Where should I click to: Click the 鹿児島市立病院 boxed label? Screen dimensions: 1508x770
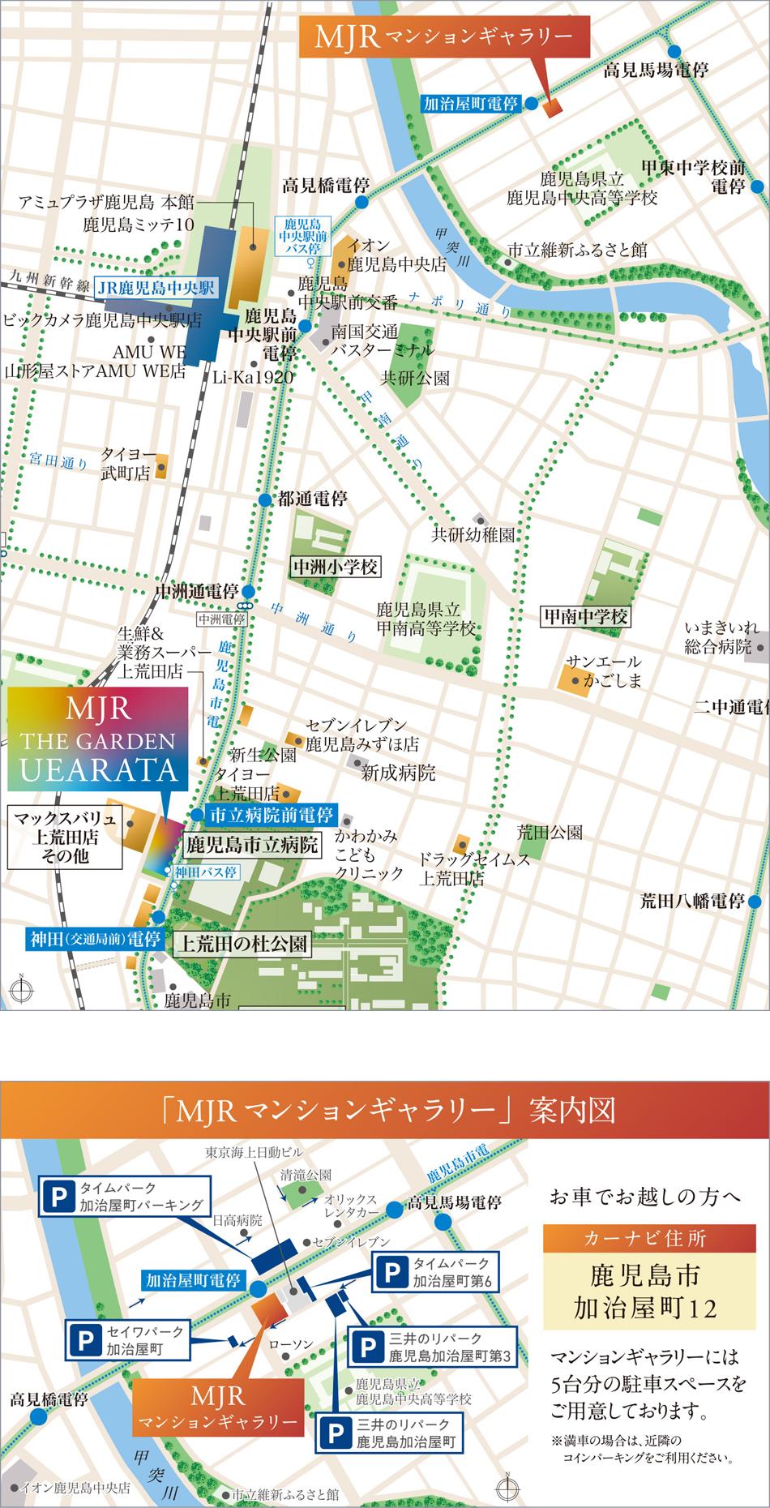click(x=251, y=845)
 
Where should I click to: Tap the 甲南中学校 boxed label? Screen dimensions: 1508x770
click(x=585, y=617)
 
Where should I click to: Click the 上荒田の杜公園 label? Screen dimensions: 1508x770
click(x=242, y=943)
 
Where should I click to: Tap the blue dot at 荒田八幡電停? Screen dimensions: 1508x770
click(x=755, y=901)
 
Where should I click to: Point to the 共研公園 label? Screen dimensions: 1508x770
click(x=415, y=378)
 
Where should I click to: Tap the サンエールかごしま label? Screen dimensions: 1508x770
click(x=604, y=670)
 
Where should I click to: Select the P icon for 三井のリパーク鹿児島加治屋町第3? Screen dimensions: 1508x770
click(x=366, y=1347)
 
